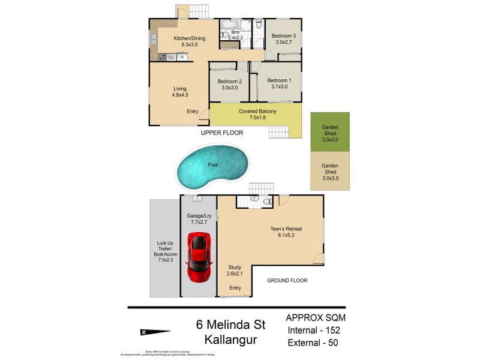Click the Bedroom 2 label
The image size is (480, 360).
pyautogui.click(x=229, y=84)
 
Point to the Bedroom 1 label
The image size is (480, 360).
pyautogui.click(x=279, y=83)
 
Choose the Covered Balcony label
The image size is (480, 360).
pyautogui.click(x=257, y=114)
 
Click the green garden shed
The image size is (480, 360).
pyautogui.click(x=330, y=131)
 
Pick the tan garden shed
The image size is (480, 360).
pyautogui.click(x=330, y=171)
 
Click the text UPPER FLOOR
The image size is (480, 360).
pyautogui.click(x=222, y=133)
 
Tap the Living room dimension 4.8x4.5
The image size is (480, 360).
pyautogui.click(x=180, y=94)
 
